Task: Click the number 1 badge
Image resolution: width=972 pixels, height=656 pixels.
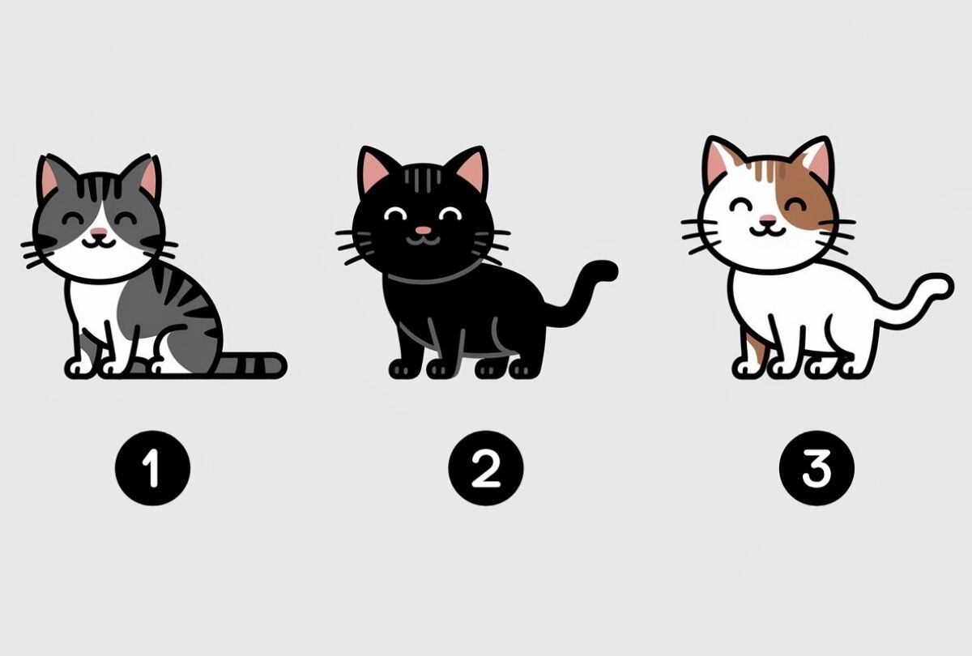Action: (x=151, y=467)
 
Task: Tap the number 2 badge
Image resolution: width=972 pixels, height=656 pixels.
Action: (x=486, y=467)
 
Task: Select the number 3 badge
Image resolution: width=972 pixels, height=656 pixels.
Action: (x=816, y=467)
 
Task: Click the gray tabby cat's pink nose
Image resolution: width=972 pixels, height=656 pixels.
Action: (x=98, y=233)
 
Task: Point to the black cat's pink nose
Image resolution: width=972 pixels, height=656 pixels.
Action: (x=422, y=231)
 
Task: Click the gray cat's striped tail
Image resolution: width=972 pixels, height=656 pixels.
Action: (x=251, y=364)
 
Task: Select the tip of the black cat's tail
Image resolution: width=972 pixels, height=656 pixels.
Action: (x=606, y=270)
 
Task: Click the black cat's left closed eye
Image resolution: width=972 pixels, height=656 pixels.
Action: (x=396, y=213)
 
